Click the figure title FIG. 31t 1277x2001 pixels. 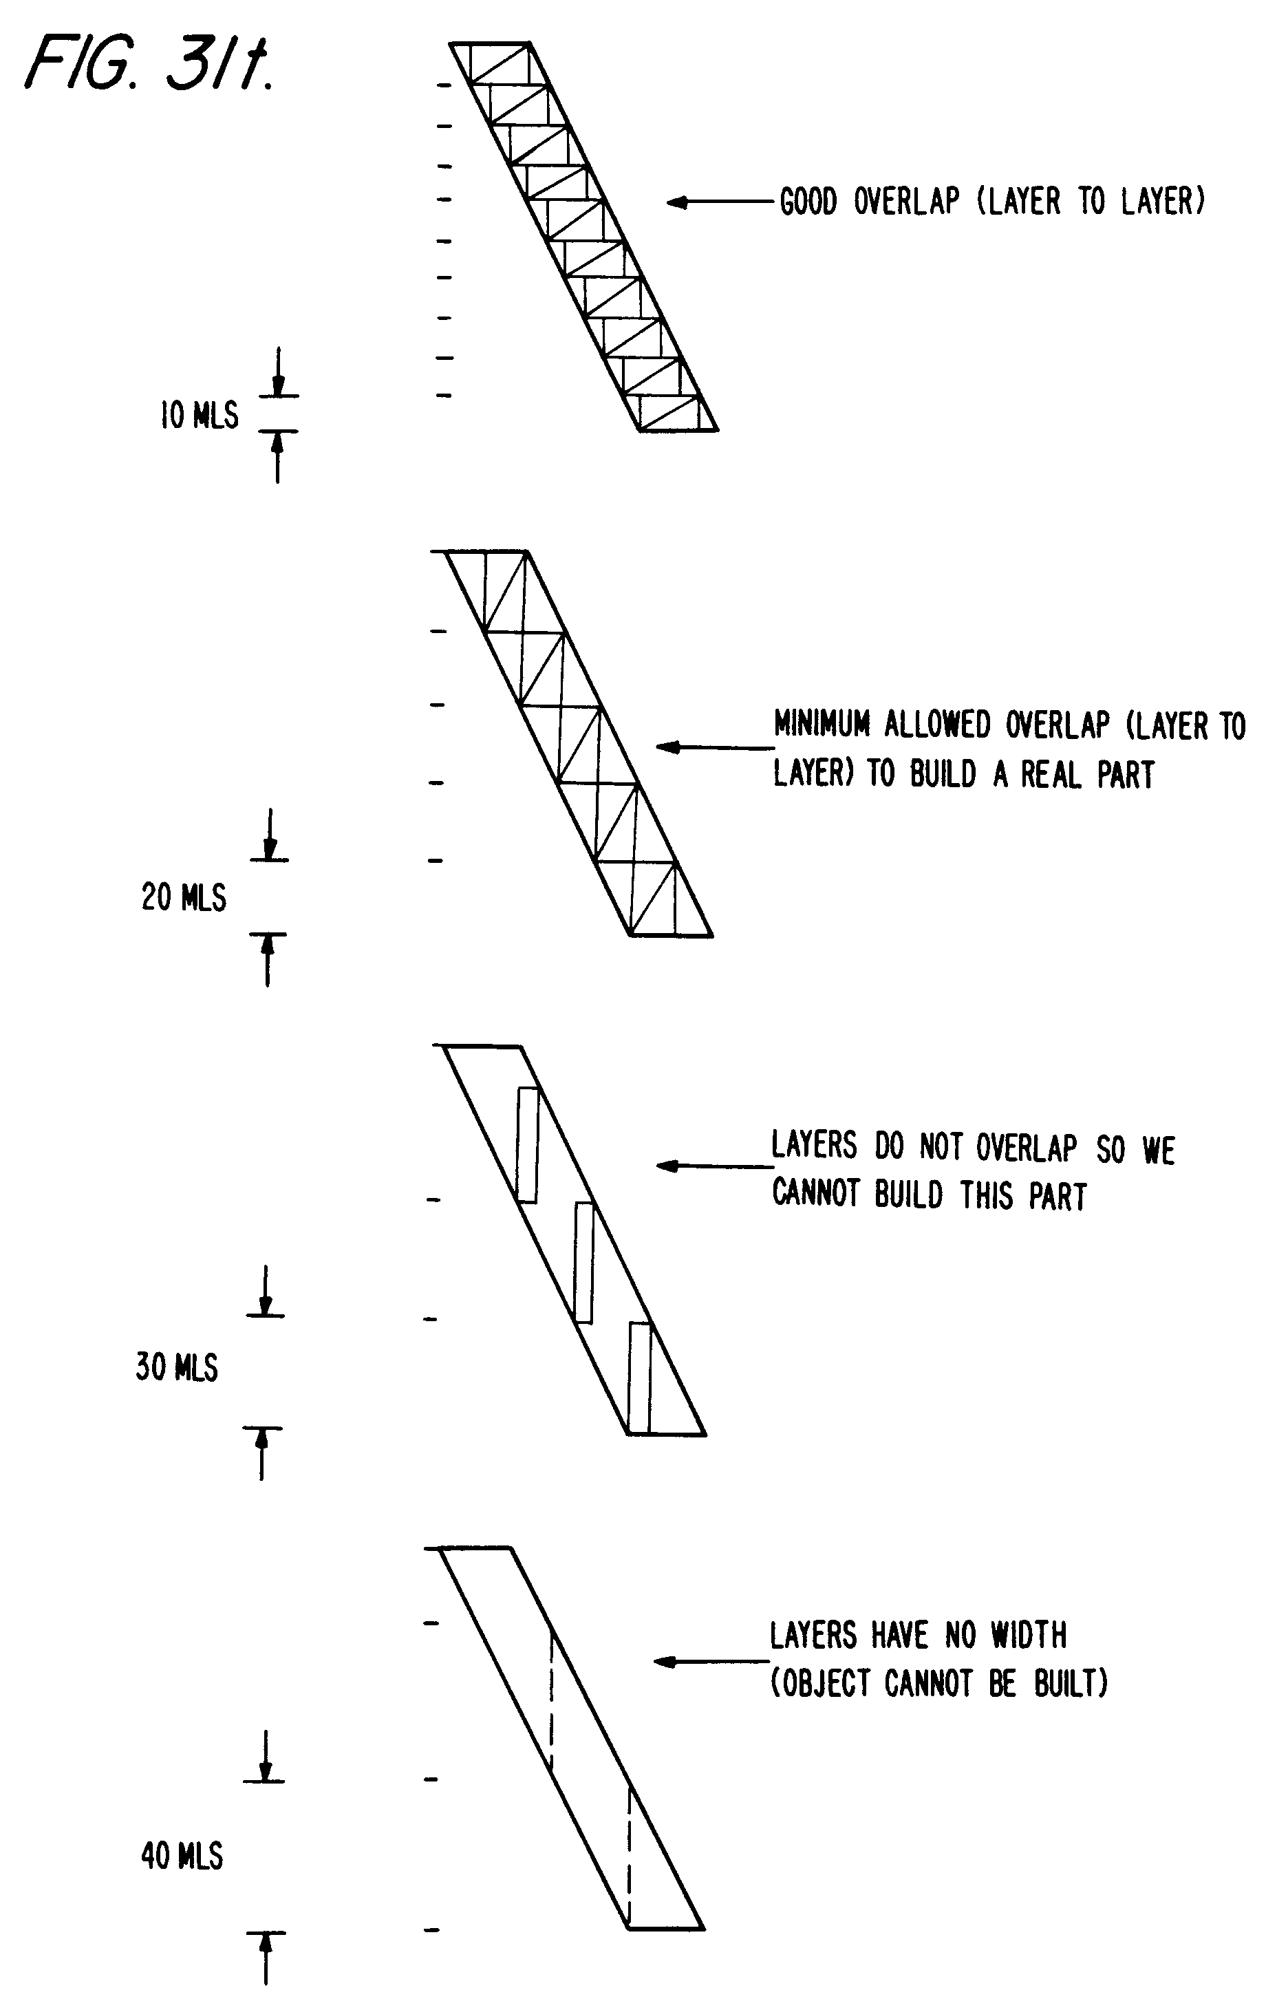tap(149, 64)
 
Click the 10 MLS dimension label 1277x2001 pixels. tap(199, 415)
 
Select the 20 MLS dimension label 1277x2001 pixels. tap(184, 898)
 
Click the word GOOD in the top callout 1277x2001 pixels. tap(808, 202)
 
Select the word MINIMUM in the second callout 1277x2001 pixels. tap(822, 725)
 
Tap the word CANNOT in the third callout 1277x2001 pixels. tap(815, 1194)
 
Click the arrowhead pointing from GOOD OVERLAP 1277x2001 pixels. tap(677, 202)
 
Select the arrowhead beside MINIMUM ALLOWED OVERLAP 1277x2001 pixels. tap(667, 747)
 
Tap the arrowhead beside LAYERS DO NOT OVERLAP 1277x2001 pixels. tap(667, 1166)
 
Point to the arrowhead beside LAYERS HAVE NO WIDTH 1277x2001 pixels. tap(665, 1661)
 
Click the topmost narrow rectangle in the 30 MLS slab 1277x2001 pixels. tap(528, 1144)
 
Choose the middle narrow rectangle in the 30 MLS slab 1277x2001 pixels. tap(584, 1261)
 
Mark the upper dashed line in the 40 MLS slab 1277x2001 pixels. tap(551, 1702)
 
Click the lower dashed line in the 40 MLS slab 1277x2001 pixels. tap(629, 1856)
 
